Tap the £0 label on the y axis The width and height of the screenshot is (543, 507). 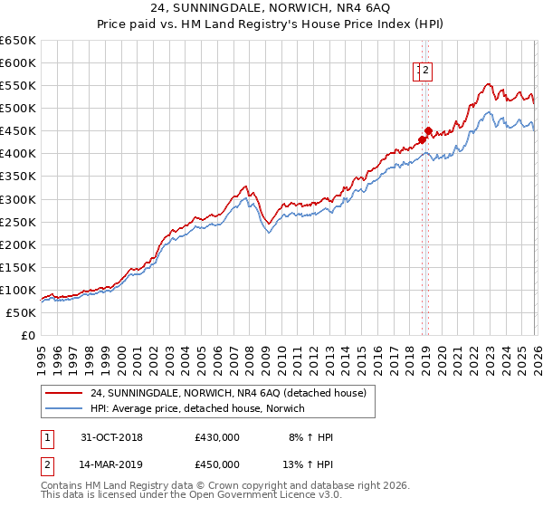27,336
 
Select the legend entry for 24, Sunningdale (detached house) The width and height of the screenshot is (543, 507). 228,393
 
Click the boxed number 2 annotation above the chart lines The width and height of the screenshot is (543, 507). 425,72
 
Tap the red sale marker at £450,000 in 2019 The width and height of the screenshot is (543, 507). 428,130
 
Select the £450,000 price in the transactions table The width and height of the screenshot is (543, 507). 217,464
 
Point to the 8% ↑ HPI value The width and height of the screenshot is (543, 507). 311,437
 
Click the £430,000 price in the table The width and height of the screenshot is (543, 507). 217,437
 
